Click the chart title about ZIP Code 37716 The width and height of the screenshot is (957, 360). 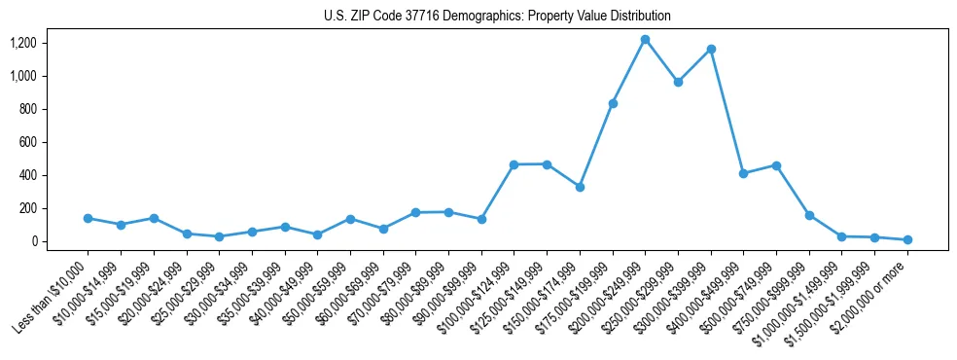[x=497, y=17]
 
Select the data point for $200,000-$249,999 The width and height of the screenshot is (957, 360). [x=645, y=40]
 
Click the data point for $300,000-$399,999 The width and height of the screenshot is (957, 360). [x=711, y=49]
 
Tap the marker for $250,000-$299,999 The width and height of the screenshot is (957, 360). [x=678, y=82]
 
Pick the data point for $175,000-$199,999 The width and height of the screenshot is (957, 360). [x=613, y=103]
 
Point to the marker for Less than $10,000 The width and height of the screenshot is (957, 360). [x=88, y=218]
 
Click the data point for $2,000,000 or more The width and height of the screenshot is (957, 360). [x=907, y=239]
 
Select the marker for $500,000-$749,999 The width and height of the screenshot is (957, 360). [x=776, y=165]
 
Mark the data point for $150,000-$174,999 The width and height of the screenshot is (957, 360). [x=580, y=187]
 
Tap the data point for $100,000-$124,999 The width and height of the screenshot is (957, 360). [x=514, y=164]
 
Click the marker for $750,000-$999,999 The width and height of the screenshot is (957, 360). [x=809, y=215]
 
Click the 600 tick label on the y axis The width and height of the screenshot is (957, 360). [x=27, y=142]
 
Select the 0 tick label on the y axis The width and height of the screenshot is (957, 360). [x=34, y=241]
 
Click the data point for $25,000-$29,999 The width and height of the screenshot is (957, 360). [x=219, y=236]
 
